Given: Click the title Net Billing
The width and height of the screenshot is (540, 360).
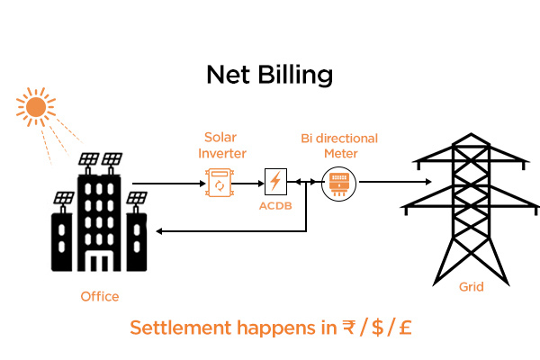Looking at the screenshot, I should point(270,73).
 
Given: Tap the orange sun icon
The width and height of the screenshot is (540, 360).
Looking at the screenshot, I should point(36,108).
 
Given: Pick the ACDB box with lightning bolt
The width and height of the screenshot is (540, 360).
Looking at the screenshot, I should point(274,183).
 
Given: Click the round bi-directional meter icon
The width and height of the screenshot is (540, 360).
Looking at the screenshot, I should point(340,184).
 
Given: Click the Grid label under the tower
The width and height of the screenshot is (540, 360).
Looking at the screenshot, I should point(471,287).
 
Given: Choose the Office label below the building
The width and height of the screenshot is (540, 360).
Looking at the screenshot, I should point(99,296).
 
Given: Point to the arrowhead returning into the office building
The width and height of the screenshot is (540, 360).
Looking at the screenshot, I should point(160,231).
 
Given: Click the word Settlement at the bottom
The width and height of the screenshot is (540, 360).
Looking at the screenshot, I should point(175,328).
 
